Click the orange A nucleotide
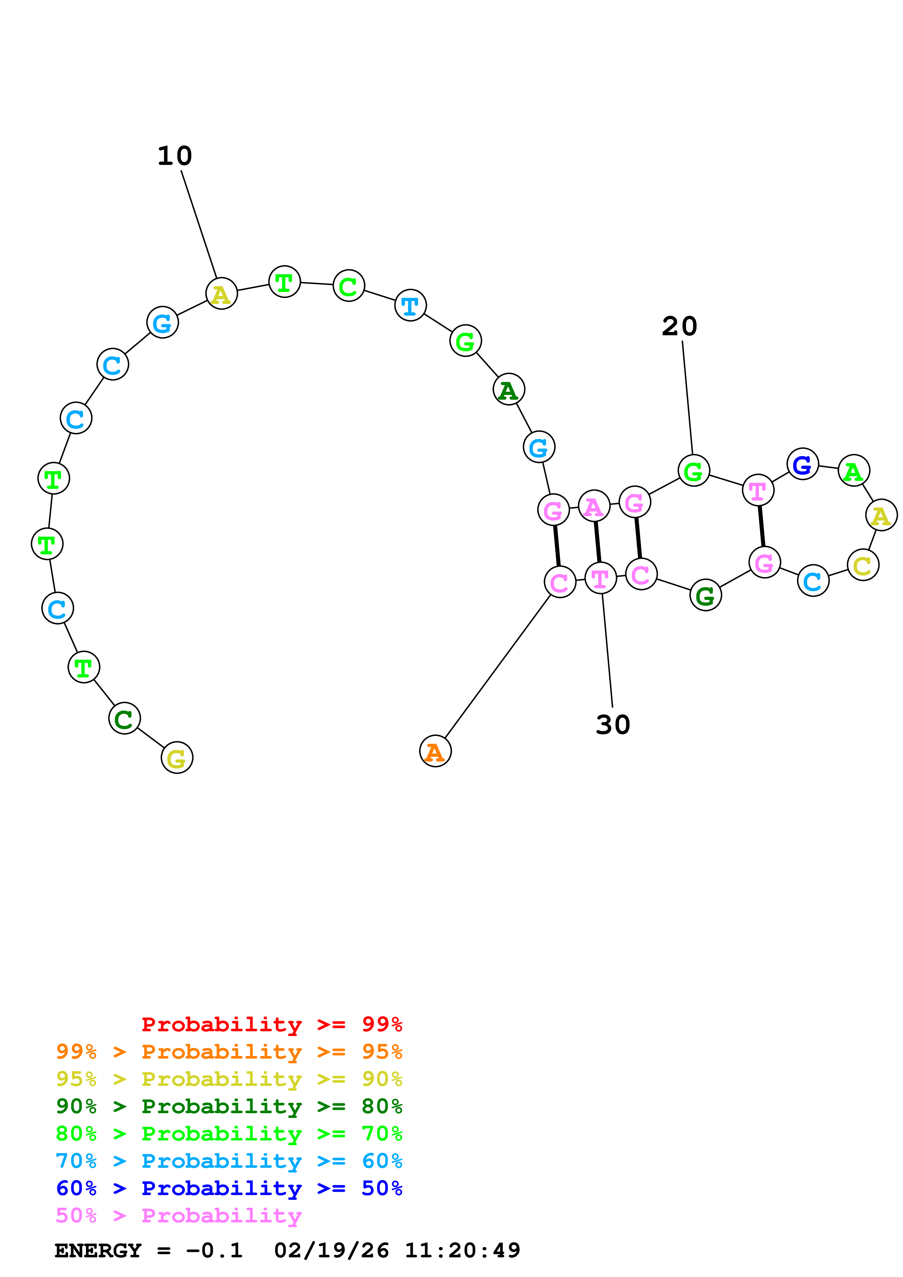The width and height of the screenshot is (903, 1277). (435, 751)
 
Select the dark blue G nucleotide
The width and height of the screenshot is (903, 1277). (802, 464)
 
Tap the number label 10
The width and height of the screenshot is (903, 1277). (175, 156)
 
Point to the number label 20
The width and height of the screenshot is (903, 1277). (679, 327)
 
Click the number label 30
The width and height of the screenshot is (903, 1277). (613, 725)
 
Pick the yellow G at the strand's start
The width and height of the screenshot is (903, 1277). (177, 758)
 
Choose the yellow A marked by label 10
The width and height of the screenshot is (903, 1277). (221, 294)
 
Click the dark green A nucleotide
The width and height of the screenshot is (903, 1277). (509, 390)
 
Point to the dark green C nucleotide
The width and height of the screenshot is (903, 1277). (124, 719)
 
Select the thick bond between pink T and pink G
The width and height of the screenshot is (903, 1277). (761, 526)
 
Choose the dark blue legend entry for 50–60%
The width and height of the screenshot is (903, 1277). (229, 1189)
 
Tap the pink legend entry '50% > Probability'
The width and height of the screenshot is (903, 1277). (178, 1216)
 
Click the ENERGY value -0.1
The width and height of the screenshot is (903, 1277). (214, 1251)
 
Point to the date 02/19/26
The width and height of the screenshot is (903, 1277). (331, 1251)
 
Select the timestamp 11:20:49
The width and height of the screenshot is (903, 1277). (462, 1251)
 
